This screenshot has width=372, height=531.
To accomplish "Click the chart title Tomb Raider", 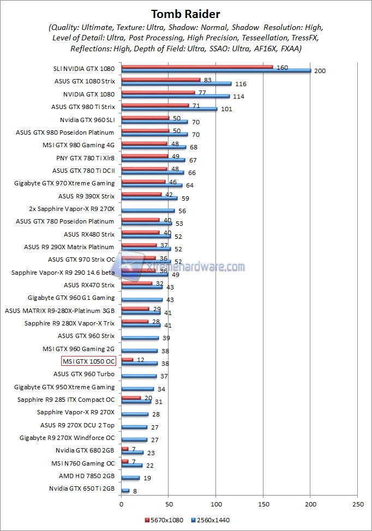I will [185, 14].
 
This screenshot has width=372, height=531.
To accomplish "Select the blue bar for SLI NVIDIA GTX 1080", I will [215, 70].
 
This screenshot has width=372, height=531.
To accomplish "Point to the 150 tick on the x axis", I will [263, 505].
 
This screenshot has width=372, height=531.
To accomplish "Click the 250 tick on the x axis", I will [358, 505].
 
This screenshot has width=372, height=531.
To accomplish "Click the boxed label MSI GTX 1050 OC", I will [88, 361].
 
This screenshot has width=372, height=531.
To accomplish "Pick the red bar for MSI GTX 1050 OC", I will [127, 359].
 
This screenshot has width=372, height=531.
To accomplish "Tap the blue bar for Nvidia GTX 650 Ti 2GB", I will [125, 491].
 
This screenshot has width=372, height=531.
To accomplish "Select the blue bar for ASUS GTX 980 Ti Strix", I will [169, 109].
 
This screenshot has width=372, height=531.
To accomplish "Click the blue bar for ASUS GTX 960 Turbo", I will [139, 376].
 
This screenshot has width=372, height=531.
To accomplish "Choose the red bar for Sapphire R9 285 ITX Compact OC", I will [131, 397].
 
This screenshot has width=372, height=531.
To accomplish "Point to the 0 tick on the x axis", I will [121, 505].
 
